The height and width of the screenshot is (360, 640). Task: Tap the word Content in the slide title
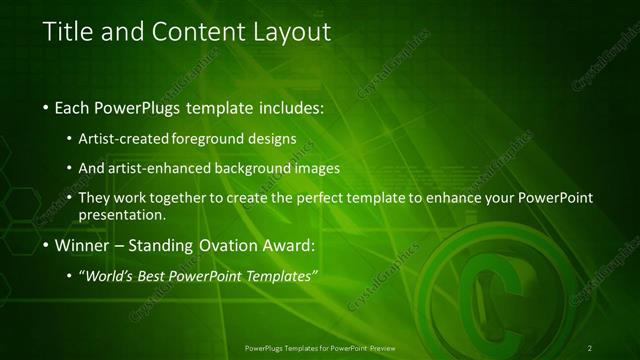187,32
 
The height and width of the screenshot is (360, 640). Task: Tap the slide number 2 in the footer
590,348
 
